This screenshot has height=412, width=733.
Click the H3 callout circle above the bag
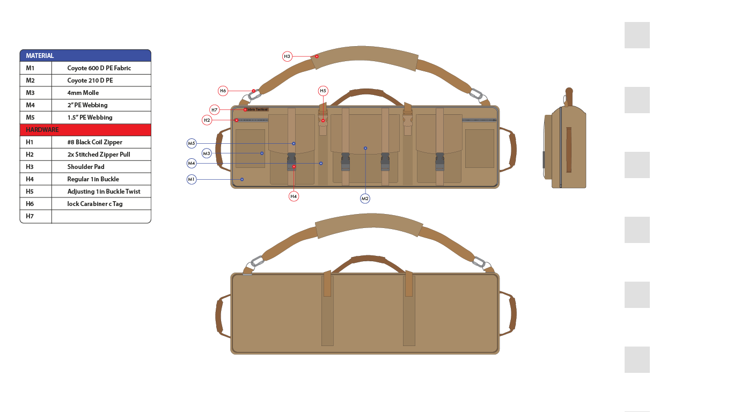pos(287,56)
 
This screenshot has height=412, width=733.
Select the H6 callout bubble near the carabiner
pos(223,91)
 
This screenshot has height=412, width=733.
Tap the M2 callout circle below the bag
pos(365,198)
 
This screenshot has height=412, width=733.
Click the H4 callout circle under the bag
pos(294,196)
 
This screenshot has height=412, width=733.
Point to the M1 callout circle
pos(192,179)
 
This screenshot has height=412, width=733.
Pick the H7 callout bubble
pos(214,110)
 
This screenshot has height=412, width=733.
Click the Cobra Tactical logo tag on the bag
pos(256,109)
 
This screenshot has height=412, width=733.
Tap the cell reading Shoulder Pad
pos(86,167)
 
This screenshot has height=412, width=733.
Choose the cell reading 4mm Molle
pos(83,93)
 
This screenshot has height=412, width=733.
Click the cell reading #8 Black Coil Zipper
pos(94,142)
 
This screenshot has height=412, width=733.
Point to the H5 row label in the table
pos(30,192)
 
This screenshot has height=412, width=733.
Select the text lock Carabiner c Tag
pos(95,204)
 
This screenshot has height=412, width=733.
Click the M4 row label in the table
pos(30,105)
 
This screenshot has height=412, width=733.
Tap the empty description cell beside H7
pos(101,216)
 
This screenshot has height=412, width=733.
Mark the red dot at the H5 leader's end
pos(323,120)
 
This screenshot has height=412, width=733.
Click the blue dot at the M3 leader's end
pos(262,153)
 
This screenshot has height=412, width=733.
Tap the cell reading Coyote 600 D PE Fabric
pos(99,68)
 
